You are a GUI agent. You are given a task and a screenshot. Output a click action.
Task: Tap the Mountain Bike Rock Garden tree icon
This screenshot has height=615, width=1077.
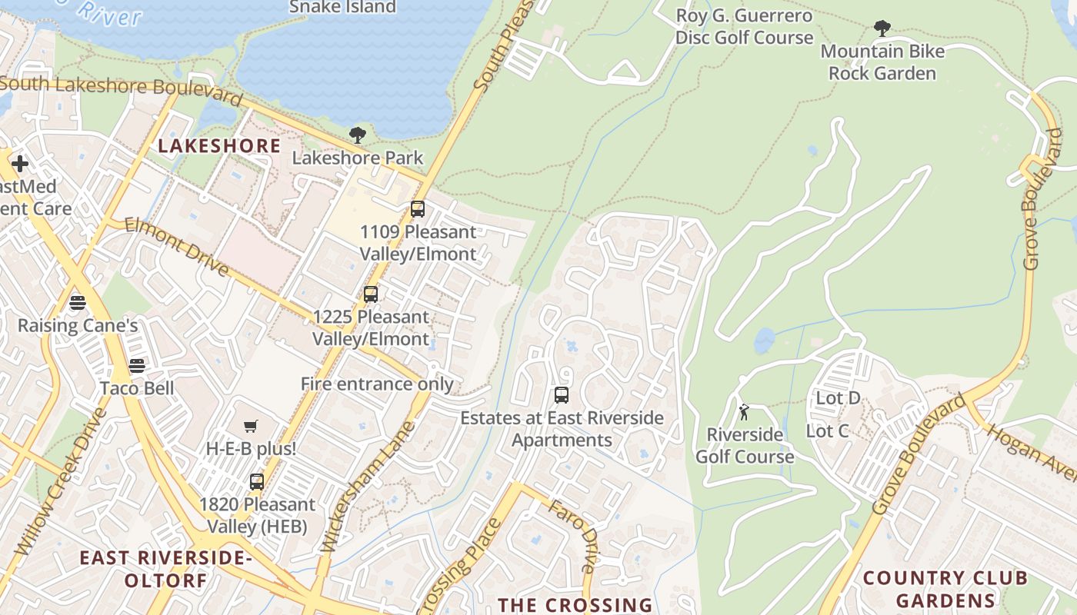882,29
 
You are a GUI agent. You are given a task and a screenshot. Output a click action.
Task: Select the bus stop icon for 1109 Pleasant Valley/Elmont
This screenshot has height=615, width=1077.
417,209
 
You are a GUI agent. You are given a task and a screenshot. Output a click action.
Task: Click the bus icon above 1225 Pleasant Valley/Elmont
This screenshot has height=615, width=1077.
371,294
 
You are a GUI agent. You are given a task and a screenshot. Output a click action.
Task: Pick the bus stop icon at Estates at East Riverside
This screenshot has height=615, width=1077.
562,396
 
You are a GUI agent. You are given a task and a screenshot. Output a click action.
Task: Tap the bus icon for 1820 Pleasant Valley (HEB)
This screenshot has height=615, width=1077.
256,482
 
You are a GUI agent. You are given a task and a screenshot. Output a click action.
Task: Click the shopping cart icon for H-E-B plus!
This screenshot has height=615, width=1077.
251,426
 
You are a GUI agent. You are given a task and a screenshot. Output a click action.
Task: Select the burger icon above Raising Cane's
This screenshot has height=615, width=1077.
77,303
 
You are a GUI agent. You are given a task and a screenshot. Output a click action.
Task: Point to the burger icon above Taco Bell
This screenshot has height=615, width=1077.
137,366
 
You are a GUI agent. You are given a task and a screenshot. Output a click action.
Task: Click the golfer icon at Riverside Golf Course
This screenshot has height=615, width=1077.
744,412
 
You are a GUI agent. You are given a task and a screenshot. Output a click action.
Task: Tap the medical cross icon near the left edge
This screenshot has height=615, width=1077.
20,164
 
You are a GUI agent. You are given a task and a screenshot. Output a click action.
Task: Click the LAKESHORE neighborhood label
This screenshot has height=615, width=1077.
219,146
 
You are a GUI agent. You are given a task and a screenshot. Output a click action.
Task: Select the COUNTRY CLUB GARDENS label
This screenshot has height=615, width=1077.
945,589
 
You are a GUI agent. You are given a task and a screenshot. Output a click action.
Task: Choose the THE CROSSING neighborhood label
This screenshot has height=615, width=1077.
575,605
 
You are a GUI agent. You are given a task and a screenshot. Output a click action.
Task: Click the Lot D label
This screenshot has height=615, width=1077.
838,398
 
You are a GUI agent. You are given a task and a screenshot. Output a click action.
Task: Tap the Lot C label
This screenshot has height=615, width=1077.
827,431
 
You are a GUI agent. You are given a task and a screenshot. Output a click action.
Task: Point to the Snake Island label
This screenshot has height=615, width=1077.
342,8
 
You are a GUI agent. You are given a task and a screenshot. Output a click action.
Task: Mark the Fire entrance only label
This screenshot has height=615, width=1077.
377,384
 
